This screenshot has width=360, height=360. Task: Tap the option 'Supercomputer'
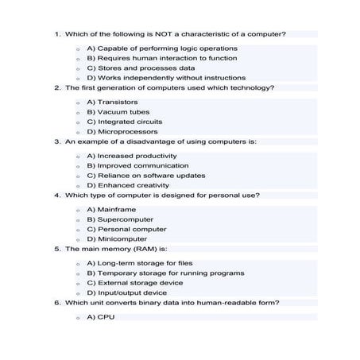pos(120,219)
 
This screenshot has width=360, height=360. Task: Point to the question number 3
pos(57,141)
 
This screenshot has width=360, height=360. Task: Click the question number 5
pos(57,249)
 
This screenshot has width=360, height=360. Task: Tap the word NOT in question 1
pos(162,34)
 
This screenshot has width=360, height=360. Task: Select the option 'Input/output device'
pos(126,292)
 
